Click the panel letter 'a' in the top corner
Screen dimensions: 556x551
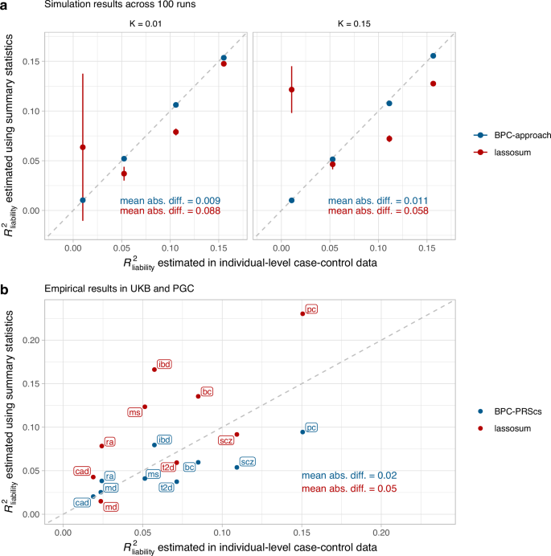click(6, 5)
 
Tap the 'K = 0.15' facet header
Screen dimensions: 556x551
click(355, 23)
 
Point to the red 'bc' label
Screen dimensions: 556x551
click(207, 391)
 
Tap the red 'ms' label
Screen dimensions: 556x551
click(134, 412)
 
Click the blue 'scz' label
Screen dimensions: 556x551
click(248, 462)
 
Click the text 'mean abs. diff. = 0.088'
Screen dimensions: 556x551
click(171, 211)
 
